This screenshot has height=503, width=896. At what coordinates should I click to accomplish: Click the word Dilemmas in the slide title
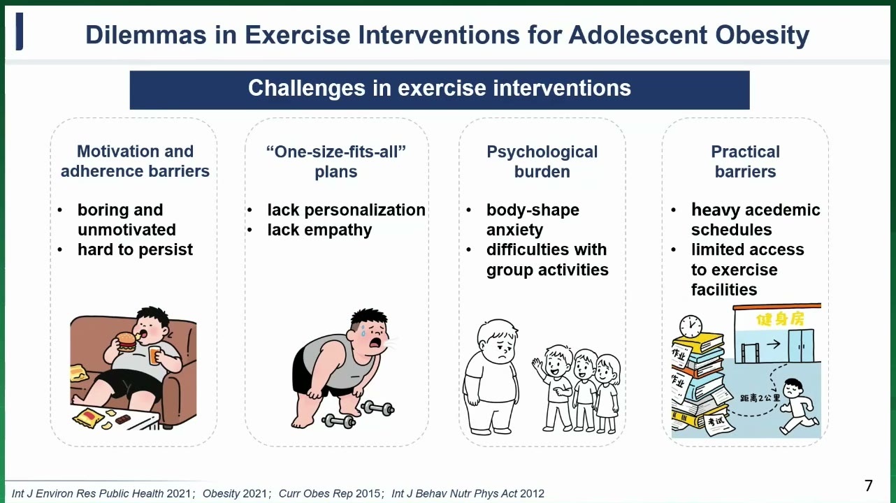[x=146, y=35]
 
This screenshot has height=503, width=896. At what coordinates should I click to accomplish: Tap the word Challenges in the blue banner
[x=306, y=88]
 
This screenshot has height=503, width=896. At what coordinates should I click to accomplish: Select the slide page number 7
[x=869, y=486]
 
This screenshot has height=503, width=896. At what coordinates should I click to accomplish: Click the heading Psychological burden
[x=542, y=161]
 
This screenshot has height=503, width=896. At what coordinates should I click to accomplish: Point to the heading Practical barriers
[x=745, y=161]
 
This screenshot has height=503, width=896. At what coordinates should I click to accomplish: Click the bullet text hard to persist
[x=135, y=249]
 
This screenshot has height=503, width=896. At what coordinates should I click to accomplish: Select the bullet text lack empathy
[x=319, y=230]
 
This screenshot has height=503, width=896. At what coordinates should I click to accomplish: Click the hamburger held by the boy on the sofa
[x=127, y=342]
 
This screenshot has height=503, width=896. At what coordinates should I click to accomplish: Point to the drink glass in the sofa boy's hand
[x=154, y=355]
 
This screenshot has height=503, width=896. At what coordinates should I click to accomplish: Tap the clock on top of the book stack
[x=691, y=326]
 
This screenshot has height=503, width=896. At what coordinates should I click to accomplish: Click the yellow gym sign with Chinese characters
[x=780, y=319]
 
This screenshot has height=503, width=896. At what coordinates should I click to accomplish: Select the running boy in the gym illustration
[x=798, y=406]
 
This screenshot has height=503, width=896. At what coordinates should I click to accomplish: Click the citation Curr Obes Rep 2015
[x=329, y=494]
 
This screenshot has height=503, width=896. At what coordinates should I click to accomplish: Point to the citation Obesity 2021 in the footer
[x=234, y=494]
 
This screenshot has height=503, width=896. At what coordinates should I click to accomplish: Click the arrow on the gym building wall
[x=774, y=344]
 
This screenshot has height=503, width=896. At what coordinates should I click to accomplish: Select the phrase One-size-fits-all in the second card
[x=336, y=152]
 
